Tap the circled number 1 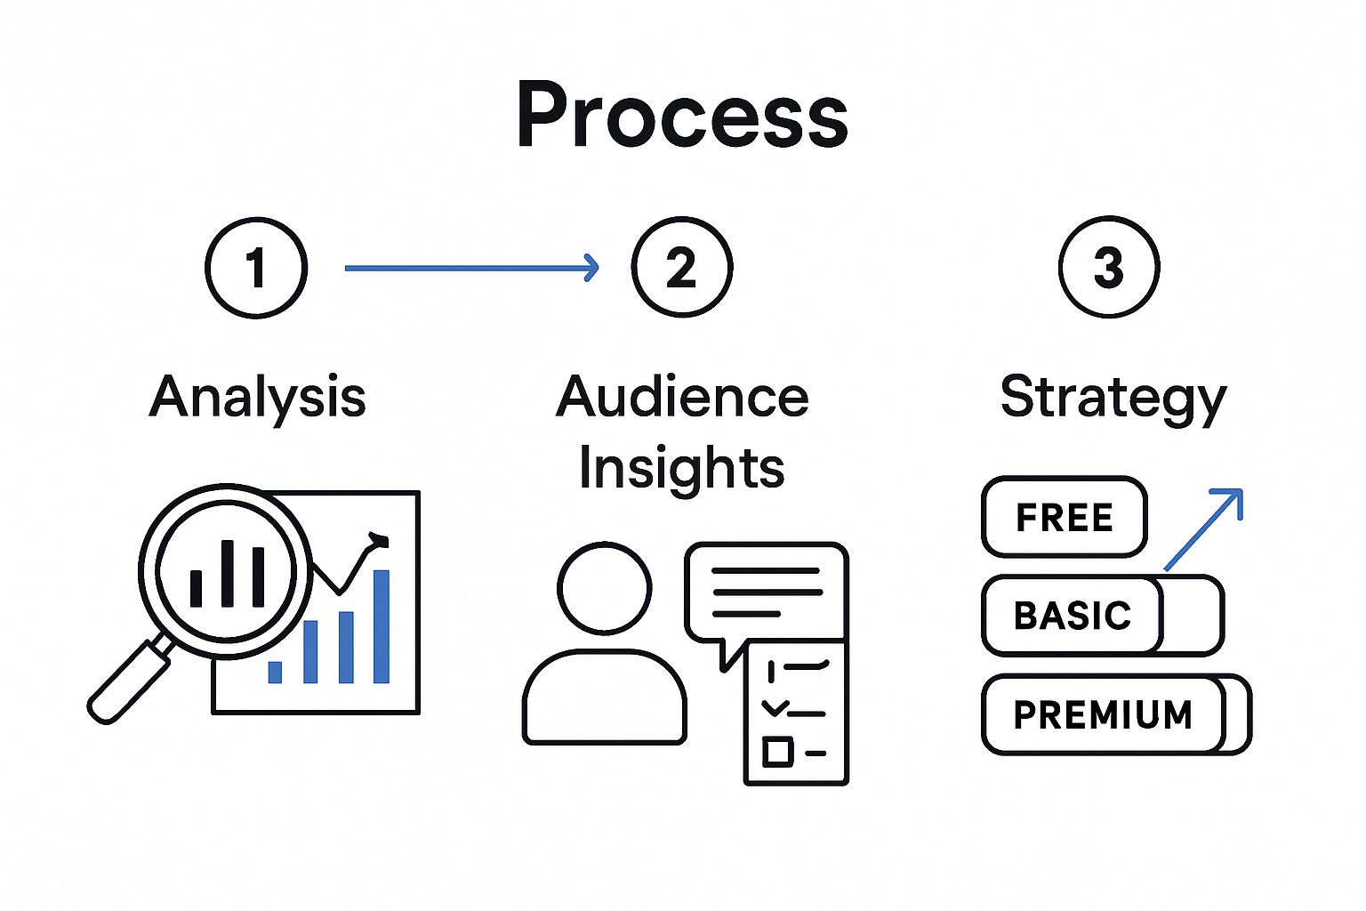coord(256,267)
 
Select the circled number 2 coord(682,267)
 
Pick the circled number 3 coord(1109,267)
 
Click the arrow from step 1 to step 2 coord(471,267)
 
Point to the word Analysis coord(258,397)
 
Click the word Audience coord(682,397)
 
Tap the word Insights coord(682,467)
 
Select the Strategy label coord(1113,398)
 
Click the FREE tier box coord(1065,518)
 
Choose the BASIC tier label coord(1073,616)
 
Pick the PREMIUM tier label coord(1103,714)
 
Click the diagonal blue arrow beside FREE coord(1202,530)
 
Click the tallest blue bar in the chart coord(382,626)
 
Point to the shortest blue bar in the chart coord(275,672)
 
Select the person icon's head coord(605,588)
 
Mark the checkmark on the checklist coord(775,708)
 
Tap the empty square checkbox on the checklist coord(777,752)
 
